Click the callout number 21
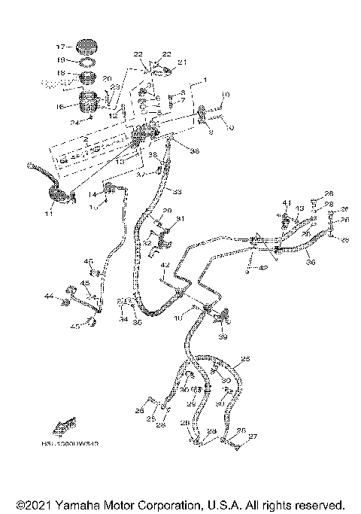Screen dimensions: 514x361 181,62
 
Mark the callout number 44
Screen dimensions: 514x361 48,297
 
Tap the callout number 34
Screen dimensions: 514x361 123,319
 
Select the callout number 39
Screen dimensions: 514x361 221,337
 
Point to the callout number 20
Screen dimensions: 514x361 106,78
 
